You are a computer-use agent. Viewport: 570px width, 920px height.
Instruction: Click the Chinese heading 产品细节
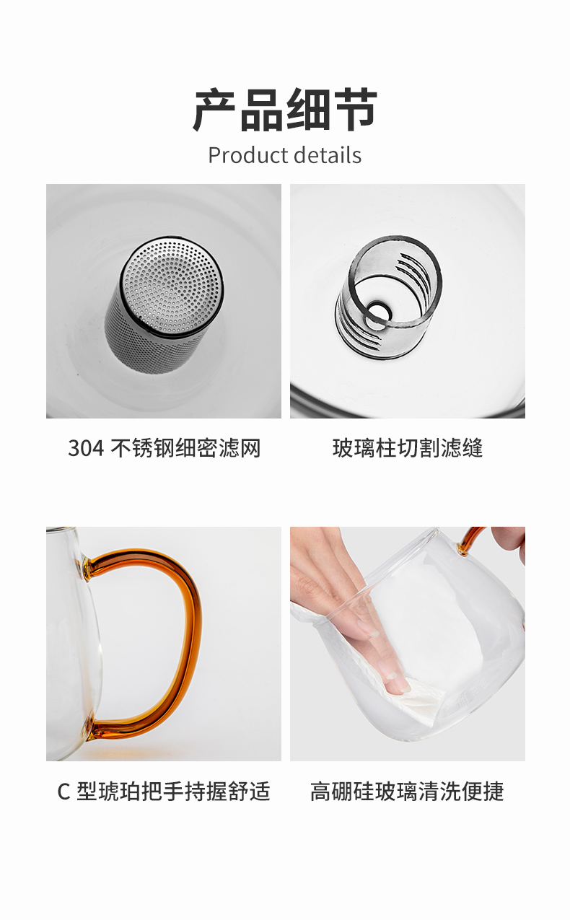[285, 110]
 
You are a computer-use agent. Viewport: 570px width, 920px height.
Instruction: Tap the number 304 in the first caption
[86, 447]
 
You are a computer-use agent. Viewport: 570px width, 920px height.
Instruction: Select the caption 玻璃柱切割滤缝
[408, 447]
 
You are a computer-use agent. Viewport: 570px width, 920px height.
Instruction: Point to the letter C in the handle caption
[63, 792]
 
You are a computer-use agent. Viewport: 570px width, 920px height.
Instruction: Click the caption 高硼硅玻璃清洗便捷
[407, 792]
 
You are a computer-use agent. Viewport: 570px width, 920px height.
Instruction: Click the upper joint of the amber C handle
[87, 567]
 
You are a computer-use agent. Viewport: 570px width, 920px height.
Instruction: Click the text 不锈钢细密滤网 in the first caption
[185, 447]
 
